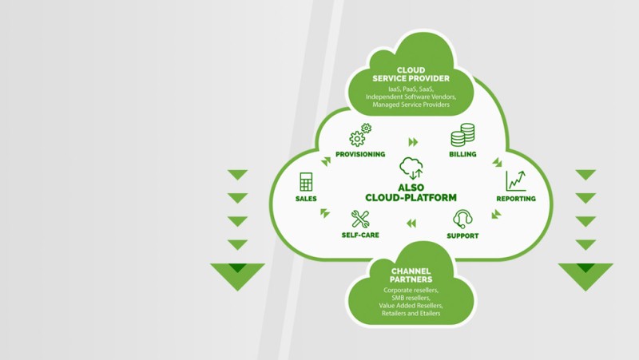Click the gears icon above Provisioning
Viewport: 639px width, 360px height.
tap(361, 135)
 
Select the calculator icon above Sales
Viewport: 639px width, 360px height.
tap(305, 181)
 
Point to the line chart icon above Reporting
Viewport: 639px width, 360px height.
tap(515, 180)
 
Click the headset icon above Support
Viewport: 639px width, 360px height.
tap(462, 218)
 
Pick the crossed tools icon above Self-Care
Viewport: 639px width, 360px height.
tap(360, 218)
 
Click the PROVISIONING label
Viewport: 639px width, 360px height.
tap(360, 154)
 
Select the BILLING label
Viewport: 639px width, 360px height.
tap(462, 154)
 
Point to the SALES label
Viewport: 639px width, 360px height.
tap(305, 199)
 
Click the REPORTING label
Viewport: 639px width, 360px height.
tap(515, 199)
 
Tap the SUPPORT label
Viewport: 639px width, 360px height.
tap(462, 235)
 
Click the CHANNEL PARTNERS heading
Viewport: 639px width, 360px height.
tap(411, 275)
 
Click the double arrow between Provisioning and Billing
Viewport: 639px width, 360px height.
tap(413, 142)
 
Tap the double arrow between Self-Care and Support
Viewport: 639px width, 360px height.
tap(411, 224)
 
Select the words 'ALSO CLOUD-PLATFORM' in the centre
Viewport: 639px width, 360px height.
tap(411, 192)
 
